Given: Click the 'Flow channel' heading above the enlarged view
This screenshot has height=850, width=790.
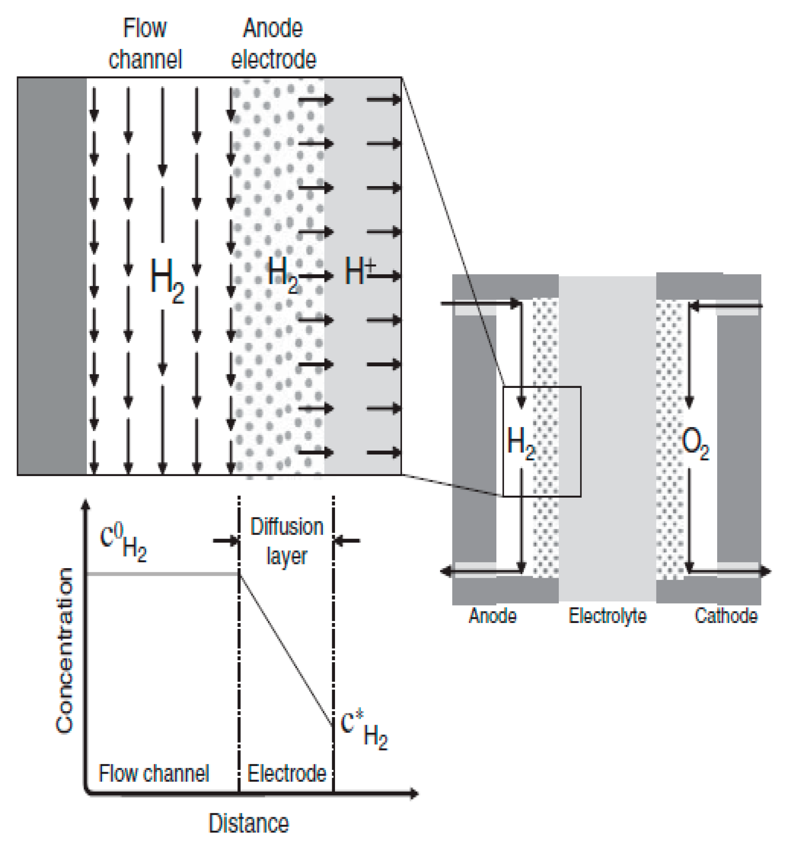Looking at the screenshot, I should click(145, 44).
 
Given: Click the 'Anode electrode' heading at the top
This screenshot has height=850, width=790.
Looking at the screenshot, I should click(273, 44).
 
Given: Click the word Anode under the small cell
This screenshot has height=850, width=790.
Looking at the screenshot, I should click(492, 616).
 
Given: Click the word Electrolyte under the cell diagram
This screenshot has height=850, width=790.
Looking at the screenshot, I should click(607, 616).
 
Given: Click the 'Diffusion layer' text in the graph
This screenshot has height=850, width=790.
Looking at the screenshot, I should click(286, 542).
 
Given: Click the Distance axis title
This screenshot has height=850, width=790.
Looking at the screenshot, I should click(248, 823).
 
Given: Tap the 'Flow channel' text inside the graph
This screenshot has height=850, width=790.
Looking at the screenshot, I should click(153, 774).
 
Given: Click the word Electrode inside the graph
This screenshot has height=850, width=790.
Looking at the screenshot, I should click(286, 774).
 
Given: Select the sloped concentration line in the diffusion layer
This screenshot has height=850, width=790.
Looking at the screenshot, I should click(286, 650).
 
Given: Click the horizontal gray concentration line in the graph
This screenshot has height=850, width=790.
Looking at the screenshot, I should click(162, 574).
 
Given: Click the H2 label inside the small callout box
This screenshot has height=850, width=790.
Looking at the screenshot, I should click(521, 443).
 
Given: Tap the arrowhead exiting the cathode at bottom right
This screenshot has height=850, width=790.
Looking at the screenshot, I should click(765, 571).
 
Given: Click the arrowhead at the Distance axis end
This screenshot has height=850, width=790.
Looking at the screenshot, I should click(414, 794).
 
